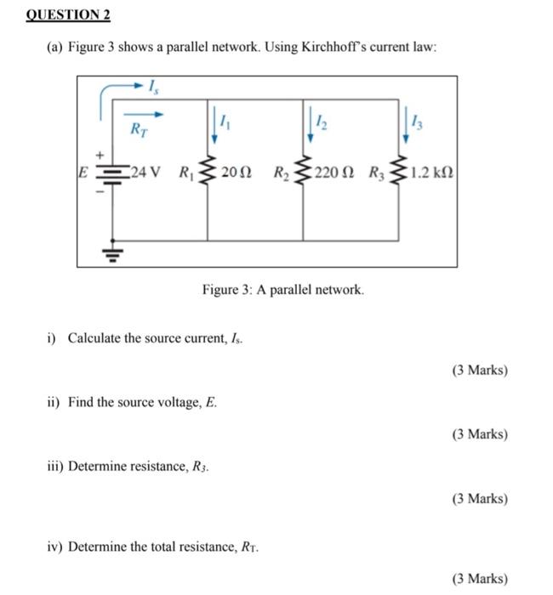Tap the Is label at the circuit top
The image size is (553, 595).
coord(153,86)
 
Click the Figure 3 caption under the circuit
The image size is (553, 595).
coord(283,291)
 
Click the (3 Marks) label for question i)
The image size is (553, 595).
coord(479,371)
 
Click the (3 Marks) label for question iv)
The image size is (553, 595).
coord(479,579)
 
